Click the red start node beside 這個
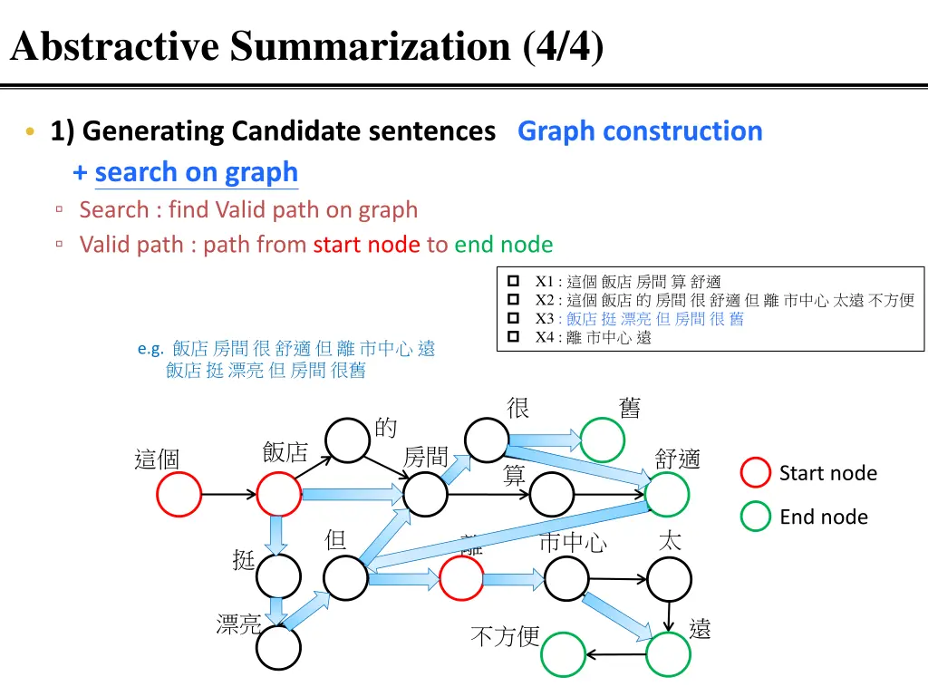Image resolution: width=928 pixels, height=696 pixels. (x=179, y=495)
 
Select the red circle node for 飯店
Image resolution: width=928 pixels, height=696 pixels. (x=279, y=495)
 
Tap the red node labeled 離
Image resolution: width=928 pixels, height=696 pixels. (x=461, y=577)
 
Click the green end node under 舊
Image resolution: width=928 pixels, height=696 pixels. (x=603, y=440)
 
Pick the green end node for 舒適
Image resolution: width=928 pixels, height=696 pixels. (x=668, y=495)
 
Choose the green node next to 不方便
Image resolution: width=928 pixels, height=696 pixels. (x=564, y=654)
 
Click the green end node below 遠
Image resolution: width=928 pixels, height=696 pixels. (x=668, y=654)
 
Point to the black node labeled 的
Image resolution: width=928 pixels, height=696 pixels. (x=347, y=440)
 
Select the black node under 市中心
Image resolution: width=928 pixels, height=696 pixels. (x=565, y=577)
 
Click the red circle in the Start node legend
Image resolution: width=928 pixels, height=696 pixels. (x=756, y=473)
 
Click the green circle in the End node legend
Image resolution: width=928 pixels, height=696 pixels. (x=756, y=517)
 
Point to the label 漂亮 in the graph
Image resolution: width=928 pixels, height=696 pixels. (x=238, y=624)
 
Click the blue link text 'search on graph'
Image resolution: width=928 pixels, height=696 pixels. (x=196, y=172)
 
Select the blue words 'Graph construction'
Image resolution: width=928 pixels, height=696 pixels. (x=640, y=131)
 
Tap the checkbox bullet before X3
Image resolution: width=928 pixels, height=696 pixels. (x=512, y=319)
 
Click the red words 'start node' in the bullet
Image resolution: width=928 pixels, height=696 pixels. (x=366, y=245)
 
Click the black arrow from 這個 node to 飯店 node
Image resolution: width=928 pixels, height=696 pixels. (x=228, y=495)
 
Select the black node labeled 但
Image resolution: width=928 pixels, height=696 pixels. (x=345, y=577)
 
